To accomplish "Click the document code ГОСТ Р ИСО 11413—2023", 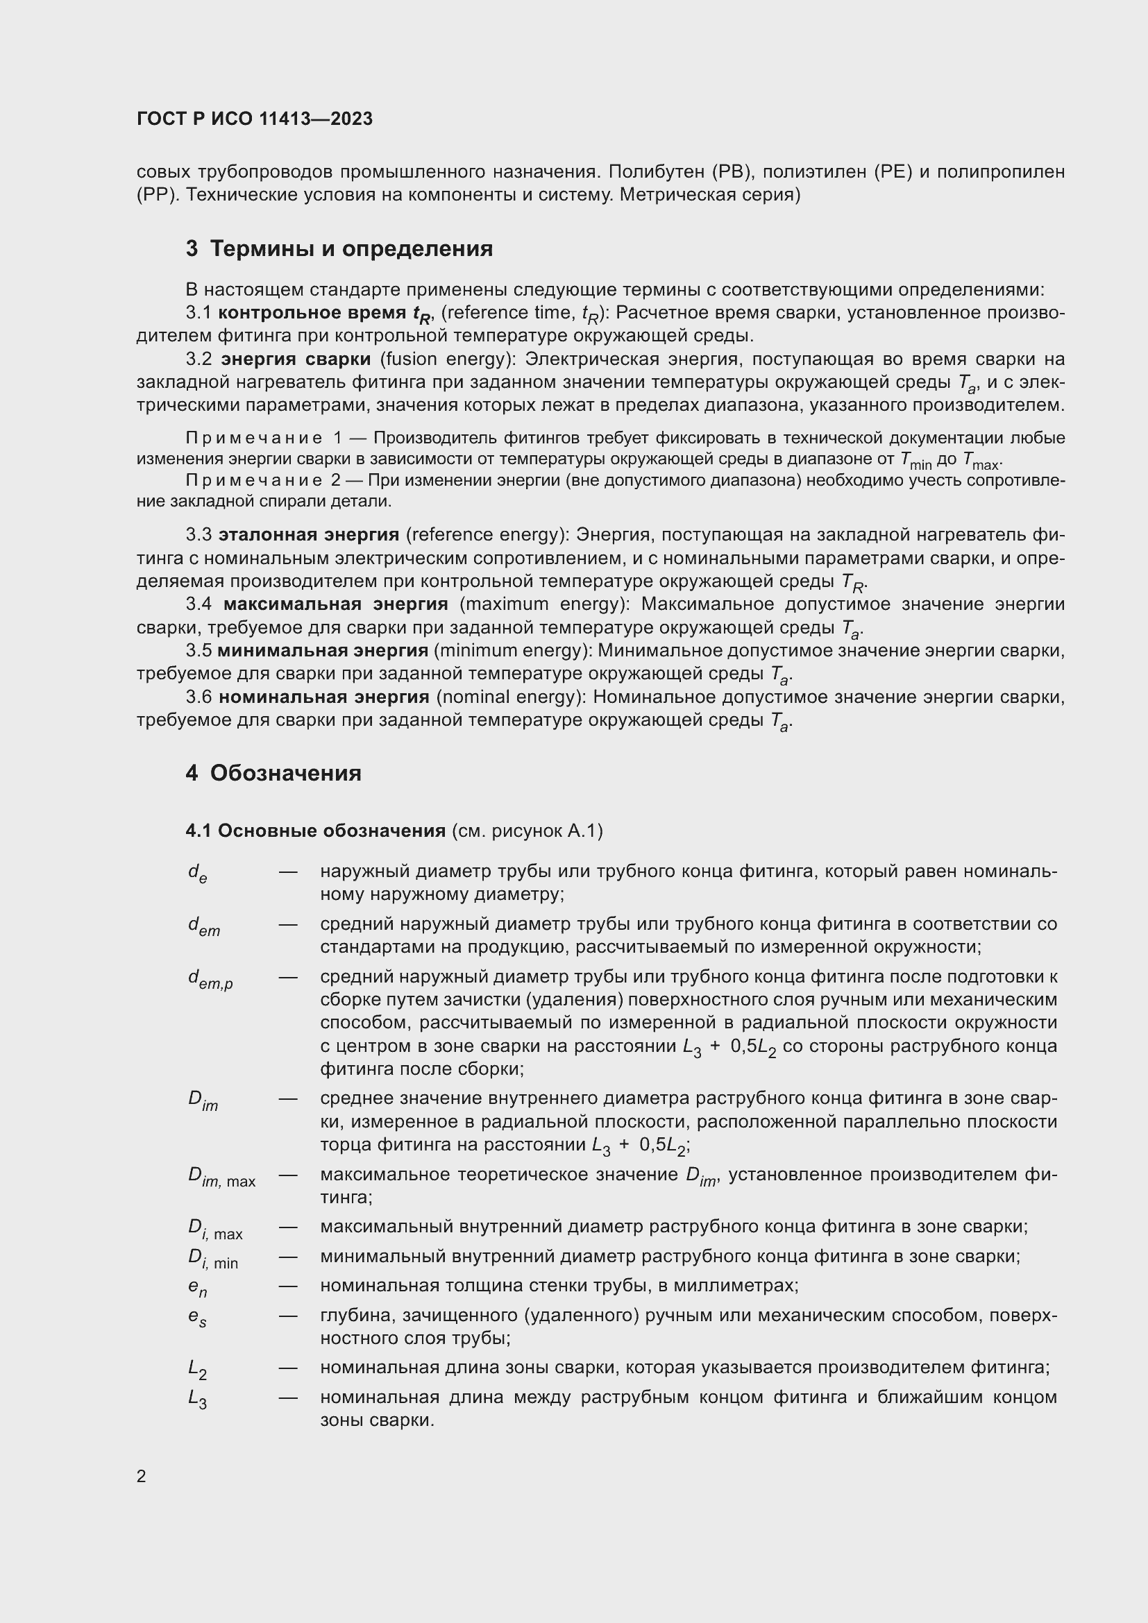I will click(255, 119).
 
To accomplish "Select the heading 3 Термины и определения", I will click(339, 249).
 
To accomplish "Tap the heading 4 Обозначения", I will click(273, 772).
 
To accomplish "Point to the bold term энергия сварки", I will click(296, 359).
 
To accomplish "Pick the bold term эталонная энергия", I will click(309, 534).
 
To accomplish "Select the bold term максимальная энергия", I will click(336, 604).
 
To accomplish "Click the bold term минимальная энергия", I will click(322, 650).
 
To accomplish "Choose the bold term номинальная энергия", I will click(323, 697).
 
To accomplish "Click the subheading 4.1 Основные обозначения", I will click(315, 831).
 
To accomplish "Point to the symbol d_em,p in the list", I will click(210, 979).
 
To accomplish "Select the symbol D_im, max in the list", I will click(221, 1177).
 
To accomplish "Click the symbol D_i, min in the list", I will click(212, 1259).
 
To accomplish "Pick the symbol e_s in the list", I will click(197, 1318).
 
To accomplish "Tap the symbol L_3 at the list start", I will click(197, 1399).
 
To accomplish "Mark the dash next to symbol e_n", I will click(288, 1286).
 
